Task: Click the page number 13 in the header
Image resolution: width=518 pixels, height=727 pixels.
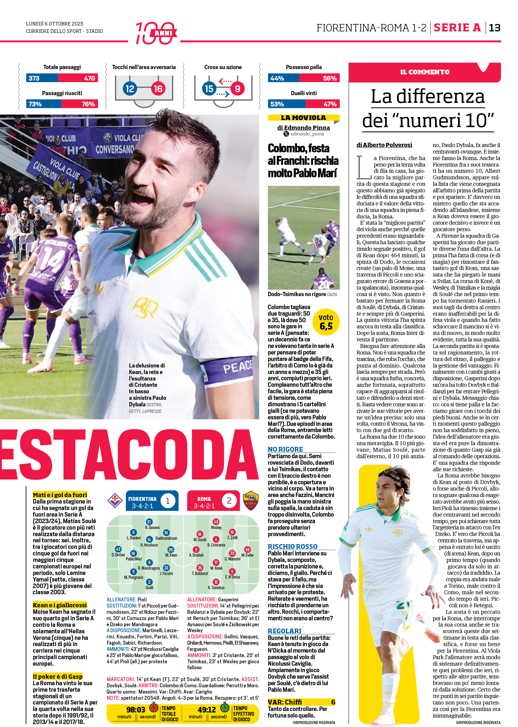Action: [x=494, y=28]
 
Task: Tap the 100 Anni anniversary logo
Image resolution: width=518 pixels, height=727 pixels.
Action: [x=156, y=33]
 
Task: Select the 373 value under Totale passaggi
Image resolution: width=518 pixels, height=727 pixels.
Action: [x=34, y=78]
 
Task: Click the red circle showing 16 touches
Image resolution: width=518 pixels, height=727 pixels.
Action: [x=158, y=89]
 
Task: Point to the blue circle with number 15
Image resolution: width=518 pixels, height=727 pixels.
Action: [x=209, y=89]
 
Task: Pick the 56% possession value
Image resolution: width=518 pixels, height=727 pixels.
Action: [x=330, y=78]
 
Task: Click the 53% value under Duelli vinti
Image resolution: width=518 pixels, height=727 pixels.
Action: [x=277, y=104]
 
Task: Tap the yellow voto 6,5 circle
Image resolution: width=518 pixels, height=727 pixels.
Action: [x=326, y=322]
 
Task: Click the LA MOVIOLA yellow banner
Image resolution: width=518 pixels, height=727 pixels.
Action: [x=303, y=118]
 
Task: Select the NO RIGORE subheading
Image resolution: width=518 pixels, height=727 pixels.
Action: [x=285, y=450]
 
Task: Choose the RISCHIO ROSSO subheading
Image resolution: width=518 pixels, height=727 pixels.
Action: [x=293, y=547]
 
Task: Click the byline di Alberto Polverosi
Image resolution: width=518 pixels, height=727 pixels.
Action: [x=384, y=145]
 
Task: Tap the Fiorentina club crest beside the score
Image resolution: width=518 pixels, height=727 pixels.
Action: [x=115, y=501]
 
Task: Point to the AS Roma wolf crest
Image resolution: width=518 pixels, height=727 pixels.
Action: [x=250, y=501]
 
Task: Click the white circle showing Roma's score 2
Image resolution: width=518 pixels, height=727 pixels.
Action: [x=229, y=501]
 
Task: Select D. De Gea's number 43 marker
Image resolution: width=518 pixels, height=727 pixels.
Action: [x=118, y=549]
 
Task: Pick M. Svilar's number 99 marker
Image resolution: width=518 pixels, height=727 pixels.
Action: [x=247, y=549]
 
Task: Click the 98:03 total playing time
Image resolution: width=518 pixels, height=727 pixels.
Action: [x=136, y=710]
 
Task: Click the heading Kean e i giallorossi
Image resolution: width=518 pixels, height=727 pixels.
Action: [x=60, y=605]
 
